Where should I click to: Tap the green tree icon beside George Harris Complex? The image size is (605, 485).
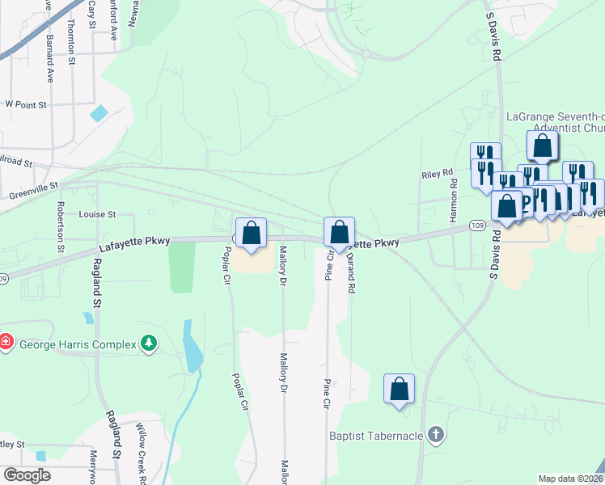coord(148,344)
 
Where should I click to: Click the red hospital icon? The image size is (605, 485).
coord(6,342)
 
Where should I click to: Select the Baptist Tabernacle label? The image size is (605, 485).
coord(376,436)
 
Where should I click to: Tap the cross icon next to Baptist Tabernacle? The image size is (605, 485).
coord(436,436)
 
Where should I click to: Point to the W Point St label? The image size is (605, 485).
coord(26,104)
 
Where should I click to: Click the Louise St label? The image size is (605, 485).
coord(98,215)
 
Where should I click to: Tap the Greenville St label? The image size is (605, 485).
coord(34,190)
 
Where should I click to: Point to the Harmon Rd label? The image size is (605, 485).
coord(454,205)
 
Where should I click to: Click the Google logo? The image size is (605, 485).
coord(27,474)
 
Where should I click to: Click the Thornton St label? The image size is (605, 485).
coord(71,42)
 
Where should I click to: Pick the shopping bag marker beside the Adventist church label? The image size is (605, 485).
coord(543,145)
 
